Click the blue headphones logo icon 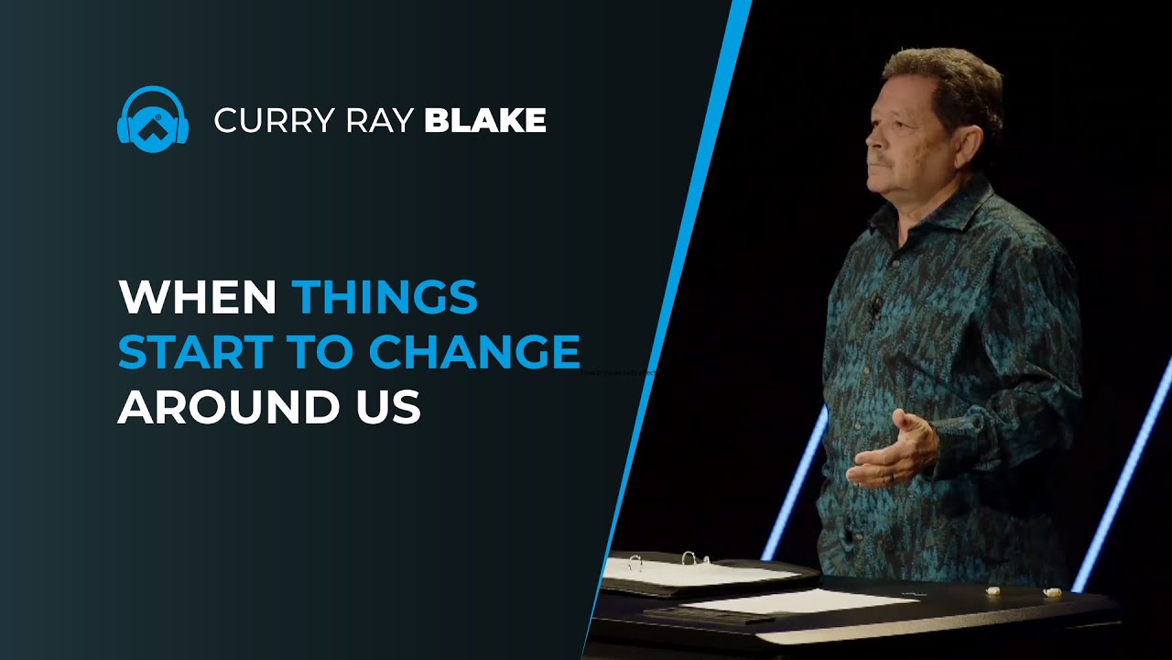tap(153, 119)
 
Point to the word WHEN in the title tap(197, 297)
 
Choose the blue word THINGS tap(385, 297)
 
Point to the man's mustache tap(878, 159)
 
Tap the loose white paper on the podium tap(797, 600)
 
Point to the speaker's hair tap(943, 73)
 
